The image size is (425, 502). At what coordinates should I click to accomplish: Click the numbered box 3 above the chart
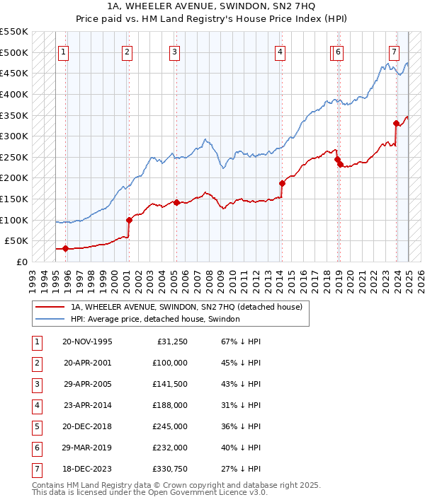coord(174,52)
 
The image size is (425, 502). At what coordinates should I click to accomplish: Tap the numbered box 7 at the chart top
coord(394,52)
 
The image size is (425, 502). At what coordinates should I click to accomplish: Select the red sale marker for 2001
coord(129,220)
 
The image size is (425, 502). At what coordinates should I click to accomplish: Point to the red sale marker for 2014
coord(282,183)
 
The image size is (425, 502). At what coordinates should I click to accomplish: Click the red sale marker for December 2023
coord(396,123)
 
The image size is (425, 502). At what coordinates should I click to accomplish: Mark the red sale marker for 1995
coord(65,248)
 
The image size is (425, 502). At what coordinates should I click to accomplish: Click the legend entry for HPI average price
coord(155,320)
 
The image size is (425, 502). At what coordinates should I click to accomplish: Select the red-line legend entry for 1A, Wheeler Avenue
coord(186,307)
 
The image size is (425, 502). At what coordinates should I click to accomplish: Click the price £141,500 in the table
coord(169,385)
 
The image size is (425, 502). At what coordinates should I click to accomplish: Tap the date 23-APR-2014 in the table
coord(88,406)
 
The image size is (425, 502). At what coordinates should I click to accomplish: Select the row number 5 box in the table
coord(36,427)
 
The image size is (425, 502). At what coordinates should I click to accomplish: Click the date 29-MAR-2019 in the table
coord(88,448)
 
